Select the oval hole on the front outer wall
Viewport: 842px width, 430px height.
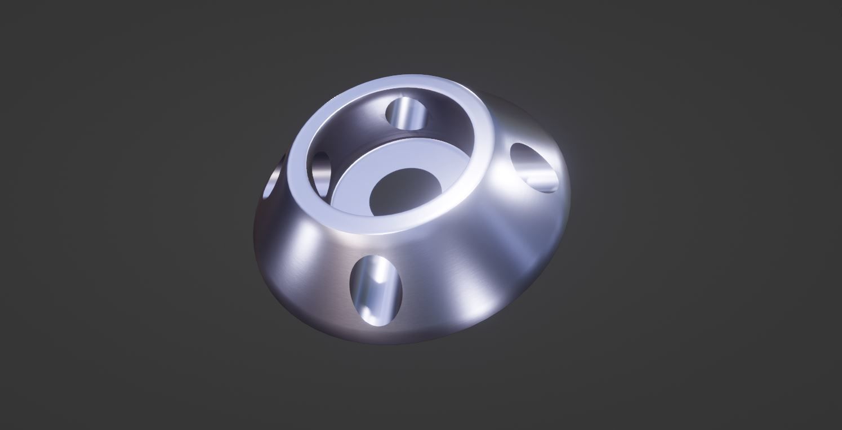[x=377, y=291]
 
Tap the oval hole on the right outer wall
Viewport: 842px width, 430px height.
[x=535, y=167]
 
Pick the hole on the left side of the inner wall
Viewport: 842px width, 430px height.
[x=321, y=171]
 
